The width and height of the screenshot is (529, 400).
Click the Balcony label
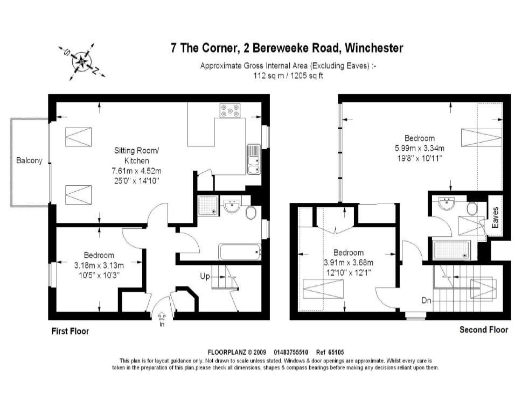pos(29,160)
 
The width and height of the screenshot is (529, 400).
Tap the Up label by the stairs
pos(205,276)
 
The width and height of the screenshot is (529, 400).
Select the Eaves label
pos(496,217)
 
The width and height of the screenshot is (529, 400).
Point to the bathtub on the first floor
pos(240,251)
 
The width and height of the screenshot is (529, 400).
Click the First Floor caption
pos(70,331)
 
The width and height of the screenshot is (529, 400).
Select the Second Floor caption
pos(483,329)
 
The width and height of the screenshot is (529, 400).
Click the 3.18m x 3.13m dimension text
pos(99,265)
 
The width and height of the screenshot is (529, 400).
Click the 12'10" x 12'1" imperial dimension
pos(348,272)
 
